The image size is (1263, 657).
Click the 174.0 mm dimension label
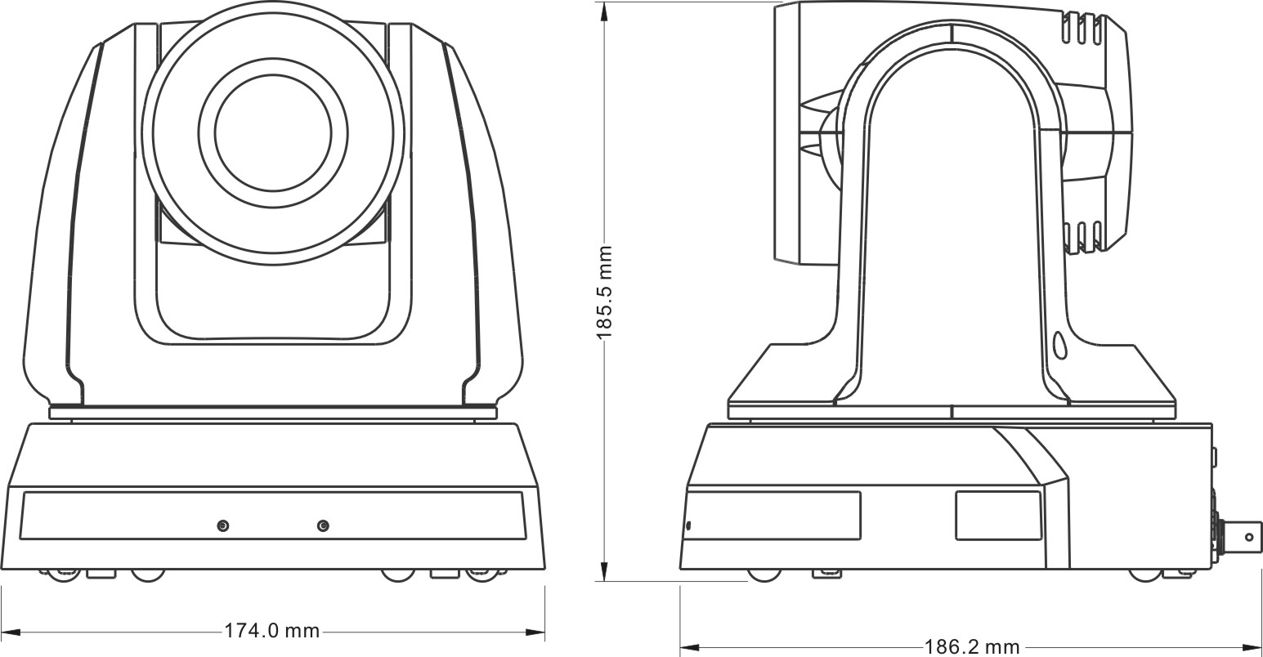click(x=271, y=631)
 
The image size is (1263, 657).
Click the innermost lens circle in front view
click(x=273, y=132)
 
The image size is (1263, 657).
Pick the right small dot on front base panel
click(x=323, y=525)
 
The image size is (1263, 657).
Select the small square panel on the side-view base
click(x=997, y=516)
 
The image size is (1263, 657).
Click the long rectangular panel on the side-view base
click(x=773, y=516)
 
